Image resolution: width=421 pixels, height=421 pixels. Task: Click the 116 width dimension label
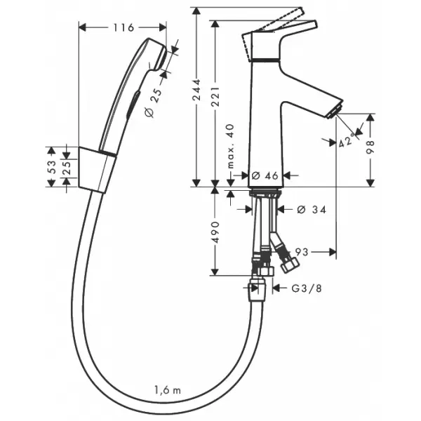tap(123, 27)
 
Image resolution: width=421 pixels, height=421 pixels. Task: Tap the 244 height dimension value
tap(197, 90)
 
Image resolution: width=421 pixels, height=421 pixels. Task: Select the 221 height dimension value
tap(215, 96)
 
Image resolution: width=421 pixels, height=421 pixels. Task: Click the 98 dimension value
tap(370, 147)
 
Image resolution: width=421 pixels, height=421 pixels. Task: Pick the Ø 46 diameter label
tap(265, 175)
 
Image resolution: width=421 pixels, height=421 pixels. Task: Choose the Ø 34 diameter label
tap(312, 209)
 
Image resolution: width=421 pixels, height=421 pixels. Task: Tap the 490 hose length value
tap(215, 232)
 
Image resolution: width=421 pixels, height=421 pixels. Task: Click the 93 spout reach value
tap(302, 252)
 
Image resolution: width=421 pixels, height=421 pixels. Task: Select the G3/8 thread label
tap(307, 288)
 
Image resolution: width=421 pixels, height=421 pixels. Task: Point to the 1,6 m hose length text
tap(168, 390)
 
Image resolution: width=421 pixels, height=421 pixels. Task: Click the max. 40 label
tap(230, 146)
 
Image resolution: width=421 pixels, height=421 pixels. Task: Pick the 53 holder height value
tap(52, 167)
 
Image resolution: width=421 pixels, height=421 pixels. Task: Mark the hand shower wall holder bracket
tap(98, 170)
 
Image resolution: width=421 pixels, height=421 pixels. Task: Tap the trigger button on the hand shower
tap(133, 105)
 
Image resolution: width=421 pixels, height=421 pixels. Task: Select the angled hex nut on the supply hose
tap(289, 264)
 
